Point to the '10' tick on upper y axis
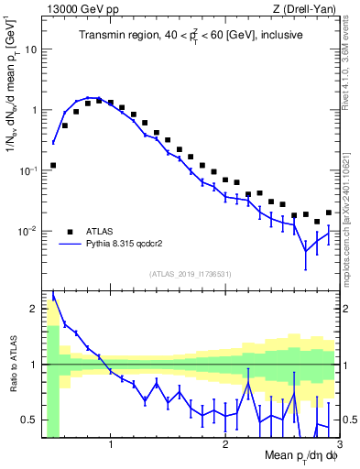pyautogui.click(x=30, y=49)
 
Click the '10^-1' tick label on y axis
pyautogui.click(x=27, y=170)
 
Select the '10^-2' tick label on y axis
pyautogui.click(x=27, y=231)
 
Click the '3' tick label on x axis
pyautogui.click(x=340, y=446)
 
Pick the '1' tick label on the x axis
pyautogui.click(x=111, y=446)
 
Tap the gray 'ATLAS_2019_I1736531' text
pyautogui.click(x=191, y=274)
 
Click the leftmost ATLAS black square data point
pyautogui.click(x=53, y=166)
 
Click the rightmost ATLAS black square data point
pyautogui.click(x=329, y=213)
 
